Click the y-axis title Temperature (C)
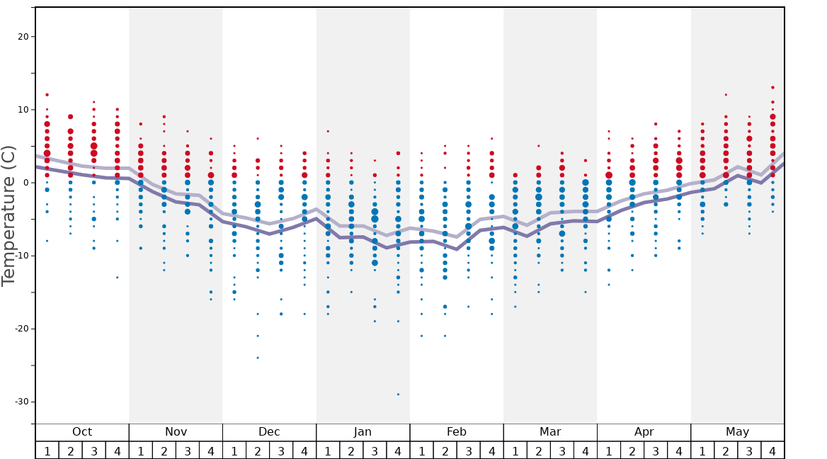coord(8,215)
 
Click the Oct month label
coord(82,432)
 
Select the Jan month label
coord(363,432)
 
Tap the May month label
coord(737,432)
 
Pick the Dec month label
coord(269,432)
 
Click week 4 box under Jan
coord(398,450)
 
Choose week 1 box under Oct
coord(47,450)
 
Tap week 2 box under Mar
coord(538,450)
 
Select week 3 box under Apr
coord(656,450)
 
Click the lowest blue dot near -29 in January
coord(398,395)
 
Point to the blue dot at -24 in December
coord(258,358)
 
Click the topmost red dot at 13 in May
coord(772,88)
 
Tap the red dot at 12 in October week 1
coord(47,95)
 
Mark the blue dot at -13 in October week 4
coord(118,277)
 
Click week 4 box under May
coord(772,450)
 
